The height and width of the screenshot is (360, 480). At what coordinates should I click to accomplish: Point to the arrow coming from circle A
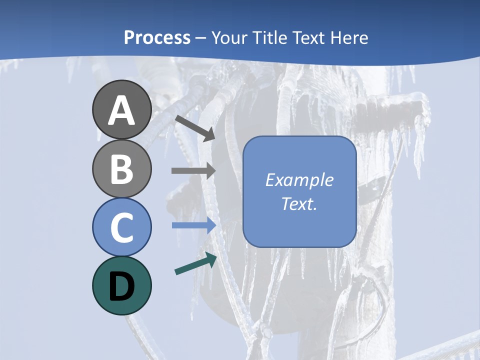pos(195,128)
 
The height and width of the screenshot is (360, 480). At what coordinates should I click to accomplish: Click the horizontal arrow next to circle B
pos(193,170)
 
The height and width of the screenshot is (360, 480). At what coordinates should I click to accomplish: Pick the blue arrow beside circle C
pos(193,225)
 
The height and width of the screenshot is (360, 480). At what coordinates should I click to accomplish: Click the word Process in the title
pos(157,37)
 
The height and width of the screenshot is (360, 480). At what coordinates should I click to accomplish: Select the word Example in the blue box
pos(299,180)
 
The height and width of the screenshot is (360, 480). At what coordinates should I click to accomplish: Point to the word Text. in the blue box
pos(299,204)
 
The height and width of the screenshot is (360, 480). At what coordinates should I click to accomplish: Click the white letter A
pos(122,110)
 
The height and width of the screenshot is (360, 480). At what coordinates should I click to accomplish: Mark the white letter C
pos(122,228)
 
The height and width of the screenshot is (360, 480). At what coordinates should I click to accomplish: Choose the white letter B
pos(122,169)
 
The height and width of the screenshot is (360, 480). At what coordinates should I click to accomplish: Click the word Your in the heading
pos(230,37)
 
